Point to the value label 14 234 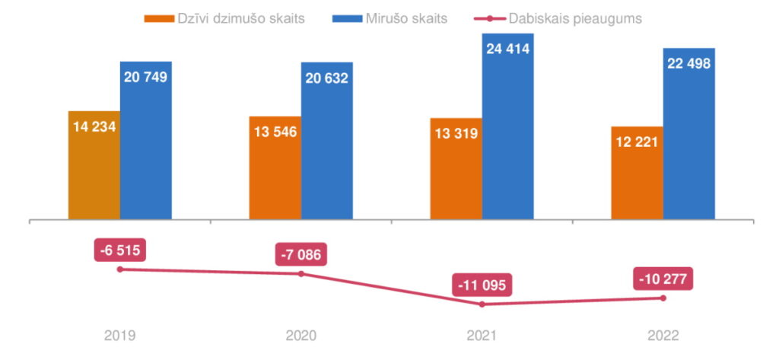pos(94,127)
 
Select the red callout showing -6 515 pos(119,250)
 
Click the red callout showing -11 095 pos(482,286)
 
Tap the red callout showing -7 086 pos(300,254)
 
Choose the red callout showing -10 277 pos(663,279)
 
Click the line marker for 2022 pos(663,298)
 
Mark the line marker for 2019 pos(119,269)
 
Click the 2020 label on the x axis pos(300,335)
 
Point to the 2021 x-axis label pos(482,335)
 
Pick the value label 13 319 pos(456,134)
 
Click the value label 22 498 pos(688,64)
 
